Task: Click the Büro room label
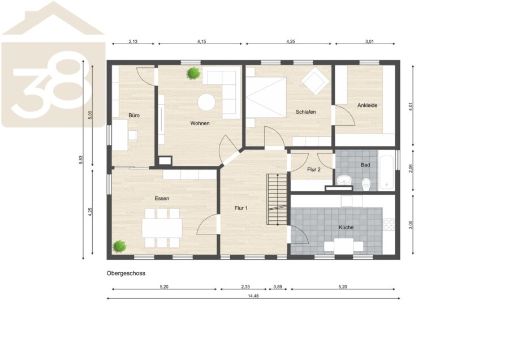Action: tap(134, 115)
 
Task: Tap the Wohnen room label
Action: tap(200, 123)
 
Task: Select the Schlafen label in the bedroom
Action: tap(306, 112)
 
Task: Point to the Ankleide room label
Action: tap(368, 105)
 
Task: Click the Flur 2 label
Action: tap(314, 169)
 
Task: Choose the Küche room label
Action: tap(346, 228)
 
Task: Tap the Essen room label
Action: tap(162, 198)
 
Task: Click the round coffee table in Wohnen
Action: tap(207, 102)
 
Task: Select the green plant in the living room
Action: tap(193, 73)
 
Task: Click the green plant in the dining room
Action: tap(119, 246)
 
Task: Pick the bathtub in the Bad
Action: tap(387, 172)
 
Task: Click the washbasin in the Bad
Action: tap(344, 181)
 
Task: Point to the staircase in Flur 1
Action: tap(277, 199)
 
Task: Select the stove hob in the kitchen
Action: tap(389, 225)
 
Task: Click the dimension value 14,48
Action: tap(253, 296)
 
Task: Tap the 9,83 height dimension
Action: tap(81, 160)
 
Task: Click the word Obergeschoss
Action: tap(126, 273)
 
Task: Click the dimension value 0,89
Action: tap(278, 287)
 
